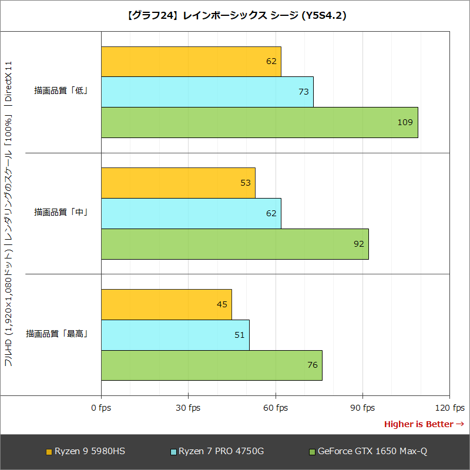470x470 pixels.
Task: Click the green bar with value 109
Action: click(x=259, y=122)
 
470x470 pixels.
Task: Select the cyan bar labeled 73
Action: click(x=207, y=92)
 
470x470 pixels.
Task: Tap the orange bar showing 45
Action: click(x=166, y=304)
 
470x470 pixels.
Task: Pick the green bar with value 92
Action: click(x=234, y=244)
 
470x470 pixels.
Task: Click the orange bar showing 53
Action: click(x=178, y=183)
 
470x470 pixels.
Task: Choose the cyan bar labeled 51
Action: click(x=175, y=335)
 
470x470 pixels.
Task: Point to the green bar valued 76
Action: click(x=211, y=365)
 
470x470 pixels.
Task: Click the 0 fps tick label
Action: click(x=101, y=408)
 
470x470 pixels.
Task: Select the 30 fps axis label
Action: click(x=188, y=408)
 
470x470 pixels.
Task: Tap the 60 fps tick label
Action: click(x=275, y=408)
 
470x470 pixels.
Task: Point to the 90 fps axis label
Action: click(x=362, y=408)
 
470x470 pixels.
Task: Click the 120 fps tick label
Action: click(x=449, y=408)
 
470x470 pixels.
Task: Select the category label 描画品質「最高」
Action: click(x=57, y=334)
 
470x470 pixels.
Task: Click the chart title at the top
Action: click(x=235, y=16)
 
